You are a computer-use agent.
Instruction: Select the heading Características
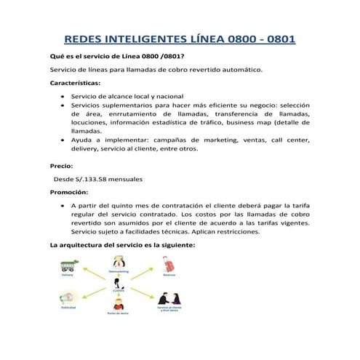[x=76, y=83]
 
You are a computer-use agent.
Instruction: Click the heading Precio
[x=60, y=166]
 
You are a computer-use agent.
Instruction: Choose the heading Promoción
[x=69, y=192]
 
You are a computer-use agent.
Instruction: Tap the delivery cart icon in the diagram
[x=68, y=265]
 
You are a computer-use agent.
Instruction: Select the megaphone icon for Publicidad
[x=67, y=298]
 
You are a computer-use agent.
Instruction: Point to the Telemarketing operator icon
[x=118, y=263]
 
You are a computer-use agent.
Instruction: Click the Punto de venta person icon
[x=118, y=305]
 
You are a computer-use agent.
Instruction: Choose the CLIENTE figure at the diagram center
[x=118, y=284]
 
